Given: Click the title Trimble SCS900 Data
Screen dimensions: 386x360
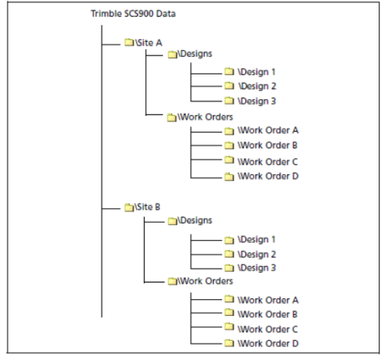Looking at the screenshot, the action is point(133,14).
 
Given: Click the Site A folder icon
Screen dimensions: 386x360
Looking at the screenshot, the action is point(129,42).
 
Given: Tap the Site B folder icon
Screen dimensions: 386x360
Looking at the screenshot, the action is point(129,207).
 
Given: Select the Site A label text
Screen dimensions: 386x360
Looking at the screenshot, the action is point(149,43).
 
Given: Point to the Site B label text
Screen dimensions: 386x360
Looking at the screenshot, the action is point(147,207).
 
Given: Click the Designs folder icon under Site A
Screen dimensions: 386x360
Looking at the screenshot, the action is point(172,54).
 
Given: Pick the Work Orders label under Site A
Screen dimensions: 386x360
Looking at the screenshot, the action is point(205,117).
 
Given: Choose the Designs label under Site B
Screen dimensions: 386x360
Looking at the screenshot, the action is point(195,220).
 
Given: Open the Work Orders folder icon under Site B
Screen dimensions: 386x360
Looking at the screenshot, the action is point(172,281).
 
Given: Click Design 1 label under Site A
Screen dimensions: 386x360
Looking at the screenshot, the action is point(257,72).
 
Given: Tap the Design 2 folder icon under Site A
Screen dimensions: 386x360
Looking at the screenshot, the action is point(229,86).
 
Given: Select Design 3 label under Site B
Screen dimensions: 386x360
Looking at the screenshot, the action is point(257,268).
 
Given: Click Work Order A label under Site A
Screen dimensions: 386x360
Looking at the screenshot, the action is point(268,130).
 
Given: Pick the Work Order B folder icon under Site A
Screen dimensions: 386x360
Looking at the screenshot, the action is point(229,145).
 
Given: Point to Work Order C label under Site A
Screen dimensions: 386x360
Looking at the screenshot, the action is point(268,162).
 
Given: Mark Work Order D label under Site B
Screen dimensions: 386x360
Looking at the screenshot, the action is point(268,343).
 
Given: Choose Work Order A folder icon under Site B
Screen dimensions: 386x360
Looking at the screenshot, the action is point(229,299).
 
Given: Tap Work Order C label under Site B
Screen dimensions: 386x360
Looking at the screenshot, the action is point(268,329).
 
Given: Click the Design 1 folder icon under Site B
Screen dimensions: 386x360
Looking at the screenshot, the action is point(229,240).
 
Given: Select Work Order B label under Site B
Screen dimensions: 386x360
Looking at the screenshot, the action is point(268,314).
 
